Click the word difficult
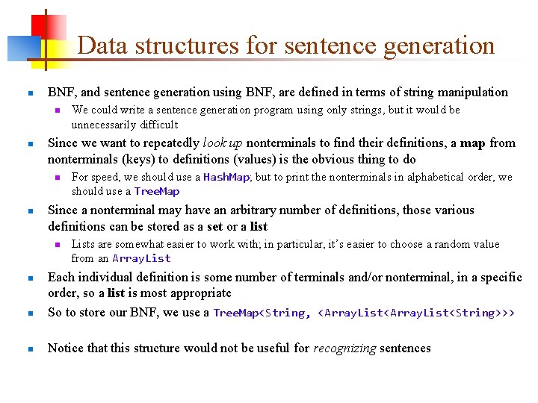click(x=157, y=125)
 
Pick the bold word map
click(x=473, y=143)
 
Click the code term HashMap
click(x=226, y=177)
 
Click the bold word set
click(x=215, y=226)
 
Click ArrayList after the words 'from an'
click(x=141, y=258)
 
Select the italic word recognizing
click(x=344, y=348)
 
